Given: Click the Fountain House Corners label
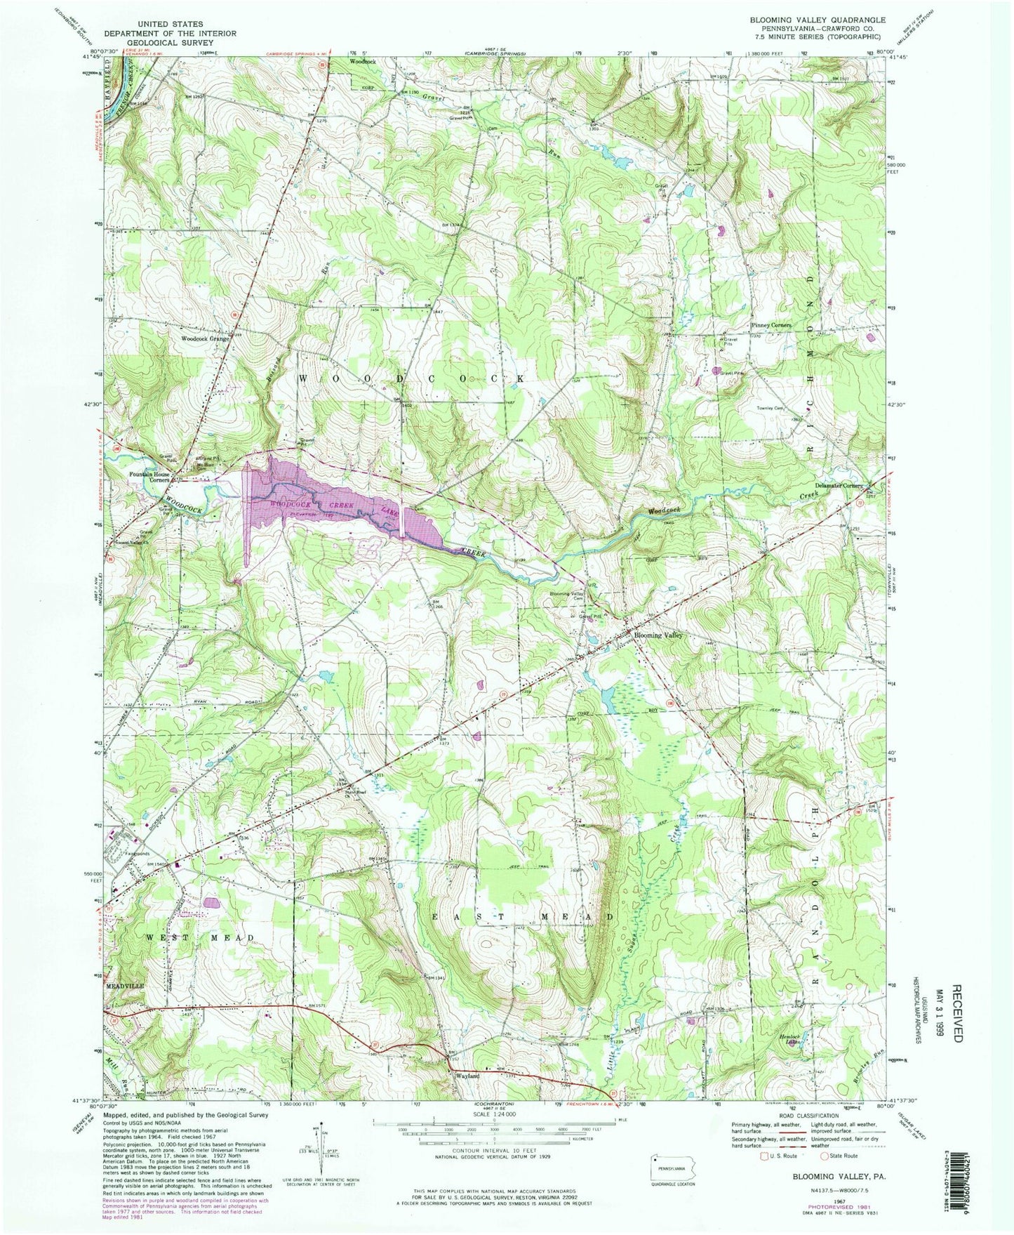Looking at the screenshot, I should (x=148, y=477).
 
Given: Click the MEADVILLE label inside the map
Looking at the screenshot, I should (x=124, y=986).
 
